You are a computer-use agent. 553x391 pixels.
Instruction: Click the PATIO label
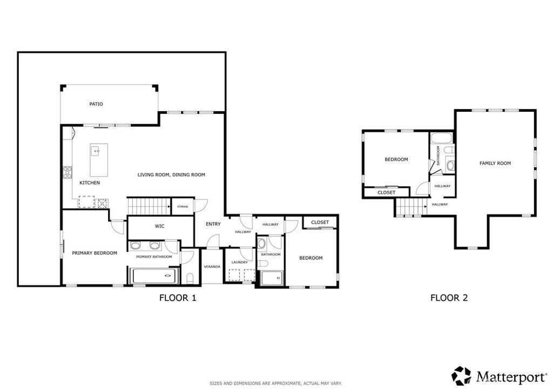[96, 104]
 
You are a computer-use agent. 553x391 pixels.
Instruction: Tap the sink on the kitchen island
[96, 151]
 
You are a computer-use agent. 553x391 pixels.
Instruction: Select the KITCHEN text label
[90, 183]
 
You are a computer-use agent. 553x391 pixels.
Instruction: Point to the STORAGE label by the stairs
[183, 206]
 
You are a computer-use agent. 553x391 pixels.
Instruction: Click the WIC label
[159, 226]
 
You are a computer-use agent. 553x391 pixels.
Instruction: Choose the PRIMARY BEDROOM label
[95, 253]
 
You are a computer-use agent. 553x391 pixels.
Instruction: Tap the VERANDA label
[212, 267]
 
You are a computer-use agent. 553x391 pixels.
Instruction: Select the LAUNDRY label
[239, 262]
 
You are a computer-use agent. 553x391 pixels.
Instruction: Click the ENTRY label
[213, 224]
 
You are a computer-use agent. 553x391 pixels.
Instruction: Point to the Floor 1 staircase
[149, 206]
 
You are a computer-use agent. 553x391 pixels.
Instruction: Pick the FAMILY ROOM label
[495, 163]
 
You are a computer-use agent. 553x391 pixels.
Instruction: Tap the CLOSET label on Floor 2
[386, 192]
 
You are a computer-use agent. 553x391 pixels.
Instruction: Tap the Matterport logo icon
[461, 375]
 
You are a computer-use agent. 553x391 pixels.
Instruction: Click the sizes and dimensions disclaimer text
[275, 383]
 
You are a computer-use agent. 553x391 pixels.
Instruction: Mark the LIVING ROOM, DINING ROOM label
[171, 175]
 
